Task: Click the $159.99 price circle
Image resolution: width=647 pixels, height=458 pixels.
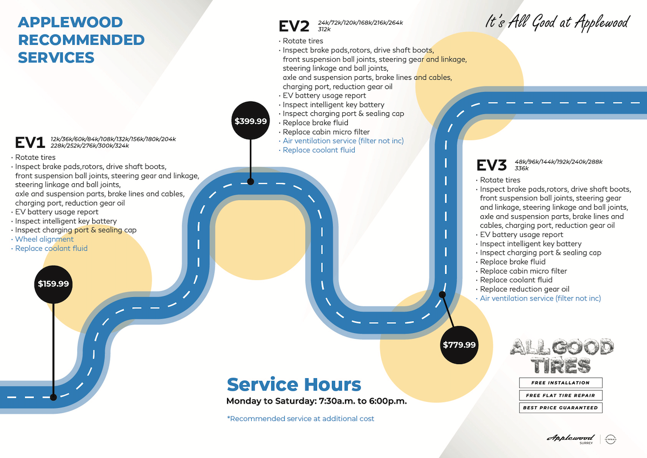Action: [x=53, y=284]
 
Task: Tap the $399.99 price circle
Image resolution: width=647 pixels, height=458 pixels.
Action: [x=251, y=121]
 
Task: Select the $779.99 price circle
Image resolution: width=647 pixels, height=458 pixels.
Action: [x=459, y=345]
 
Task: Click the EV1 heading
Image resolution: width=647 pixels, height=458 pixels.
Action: [x=30, y=142]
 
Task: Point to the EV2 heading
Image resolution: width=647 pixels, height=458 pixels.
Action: [x=294, y=26]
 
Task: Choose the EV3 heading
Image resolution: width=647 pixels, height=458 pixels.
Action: [x=492, y=165]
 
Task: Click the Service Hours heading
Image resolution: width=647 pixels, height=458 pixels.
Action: [x=294, y=385]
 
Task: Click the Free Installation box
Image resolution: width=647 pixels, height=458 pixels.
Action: [x=560, y=382]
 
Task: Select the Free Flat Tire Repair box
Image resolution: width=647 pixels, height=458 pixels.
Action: [x=560, y=395]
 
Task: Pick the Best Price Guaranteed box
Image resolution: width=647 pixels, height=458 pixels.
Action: [x=560, y=408]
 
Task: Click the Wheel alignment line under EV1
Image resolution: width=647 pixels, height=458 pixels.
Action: [x=44, y=239]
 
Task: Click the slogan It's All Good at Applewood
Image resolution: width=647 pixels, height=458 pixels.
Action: [x=557, y=23]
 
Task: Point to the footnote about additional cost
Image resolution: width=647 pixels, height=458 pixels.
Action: [x=300, y=419]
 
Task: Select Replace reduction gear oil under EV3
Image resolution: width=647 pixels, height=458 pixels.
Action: [x=524, y=289]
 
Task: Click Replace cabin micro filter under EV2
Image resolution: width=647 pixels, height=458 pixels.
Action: [x=326, y=132]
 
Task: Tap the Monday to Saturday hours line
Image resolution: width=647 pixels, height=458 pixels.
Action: [x=316, y=401]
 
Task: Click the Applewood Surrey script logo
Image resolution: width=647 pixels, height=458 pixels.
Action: [x=570, y=439]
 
